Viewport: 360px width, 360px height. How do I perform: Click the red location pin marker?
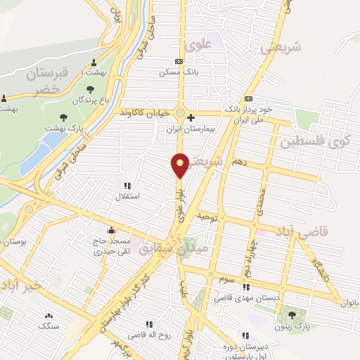pyautogui.click(x=180, y=165)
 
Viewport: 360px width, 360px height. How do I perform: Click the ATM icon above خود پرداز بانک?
pyautogui.click(x=247, y=98)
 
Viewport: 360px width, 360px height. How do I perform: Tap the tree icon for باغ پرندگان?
pyautogui.click(x=89, y=89)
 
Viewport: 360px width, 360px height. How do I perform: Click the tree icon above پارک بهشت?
pyautogui.click(x=64, y=117)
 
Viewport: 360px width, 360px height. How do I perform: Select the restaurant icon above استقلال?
pyautogui.click(x=127, y=186)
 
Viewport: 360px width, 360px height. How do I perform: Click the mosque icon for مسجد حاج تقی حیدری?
pyautogui.click(x=110, y=229)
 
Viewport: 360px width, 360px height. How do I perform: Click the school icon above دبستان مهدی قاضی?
pyautogui.click(x=246, y=287)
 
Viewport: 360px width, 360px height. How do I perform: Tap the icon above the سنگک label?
pyautogui.click(x=49, y=316)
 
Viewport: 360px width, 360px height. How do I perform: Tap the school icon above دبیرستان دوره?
pyautogui.click(x=245, y=335)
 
